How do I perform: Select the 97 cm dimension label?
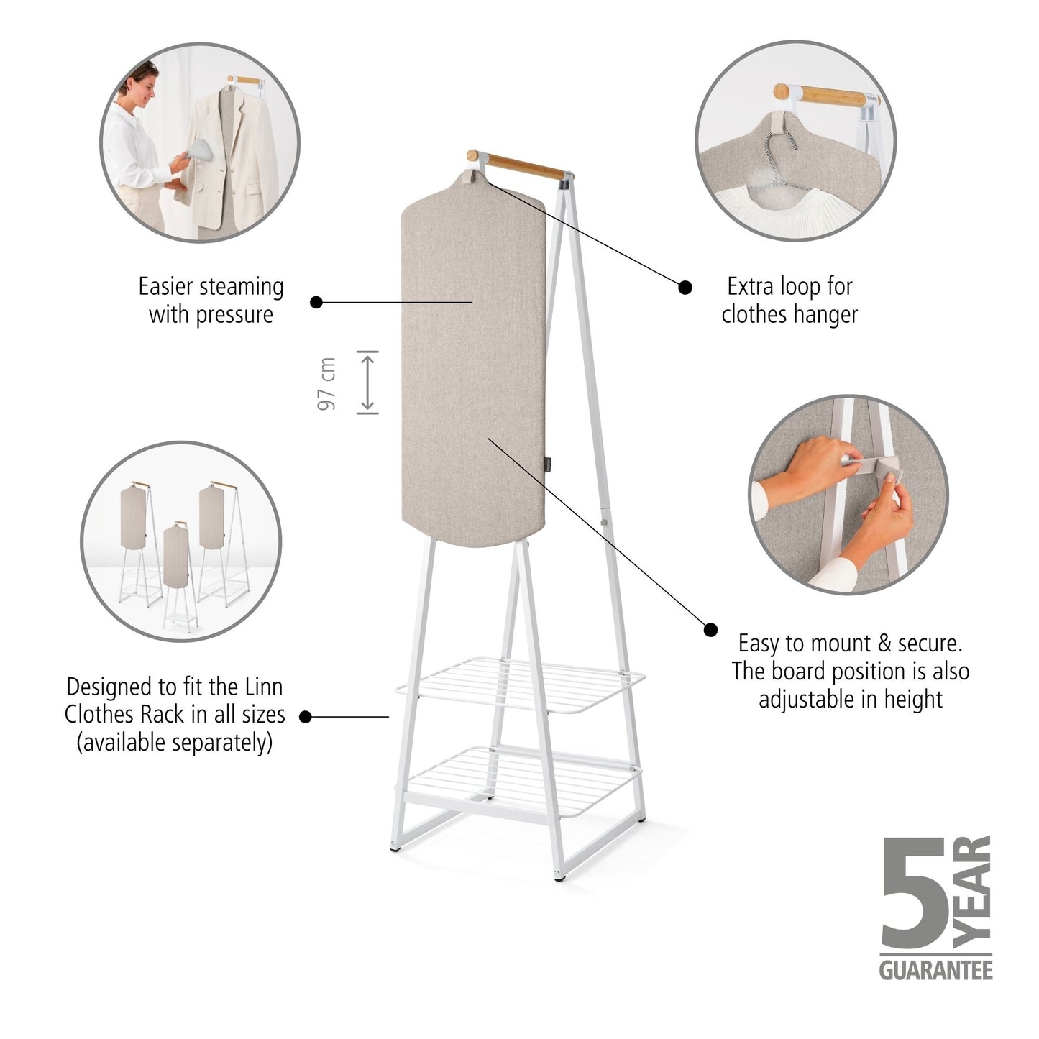pos(326,383)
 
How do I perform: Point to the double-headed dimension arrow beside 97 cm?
pos(367,383)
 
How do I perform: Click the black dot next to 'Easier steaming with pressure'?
pos(316,302)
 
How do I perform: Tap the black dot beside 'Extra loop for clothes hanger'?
pos(685,288)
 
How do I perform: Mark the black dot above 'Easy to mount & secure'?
pos(710,630)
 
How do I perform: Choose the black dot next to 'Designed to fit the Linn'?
pos(306,716)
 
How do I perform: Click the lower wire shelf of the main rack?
pos(521,782)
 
